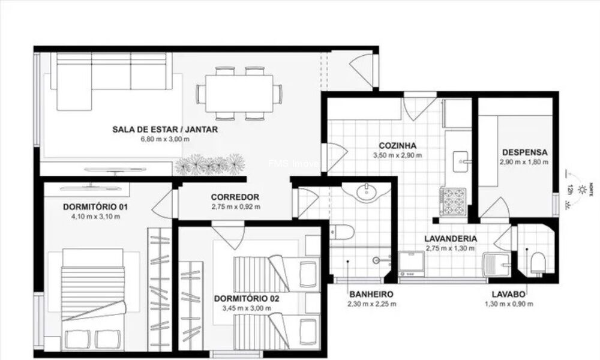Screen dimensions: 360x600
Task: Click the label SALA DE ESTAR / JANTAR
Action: [x=164, y=129]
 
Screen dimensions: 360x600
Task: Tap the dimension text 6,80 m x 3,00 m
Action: [x=164, y=139]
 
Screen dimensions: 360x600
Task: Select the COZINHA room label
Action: [x=397, y=146]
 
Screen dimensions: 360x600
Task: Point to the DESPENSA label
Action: [x=523, y=152]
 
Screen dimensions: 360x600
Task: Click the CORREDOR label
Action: [x=235, y=197]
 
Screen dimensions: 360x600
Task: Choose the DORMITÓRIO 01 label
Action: [x=95, y=207]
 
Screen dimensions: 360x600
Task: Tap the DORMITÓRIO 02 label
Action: [x=246, y=298]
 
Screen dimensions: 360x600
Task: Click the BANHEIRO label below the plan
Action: [x=370, y=294]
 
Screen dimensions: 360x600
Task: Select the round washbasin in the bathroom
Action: [x=367, y=193]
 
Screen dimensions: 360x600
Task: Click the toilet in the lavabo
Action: [x=538, y=262]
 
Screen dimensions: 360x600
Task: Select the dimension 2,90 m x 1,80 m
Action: [x=523, y=162]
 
